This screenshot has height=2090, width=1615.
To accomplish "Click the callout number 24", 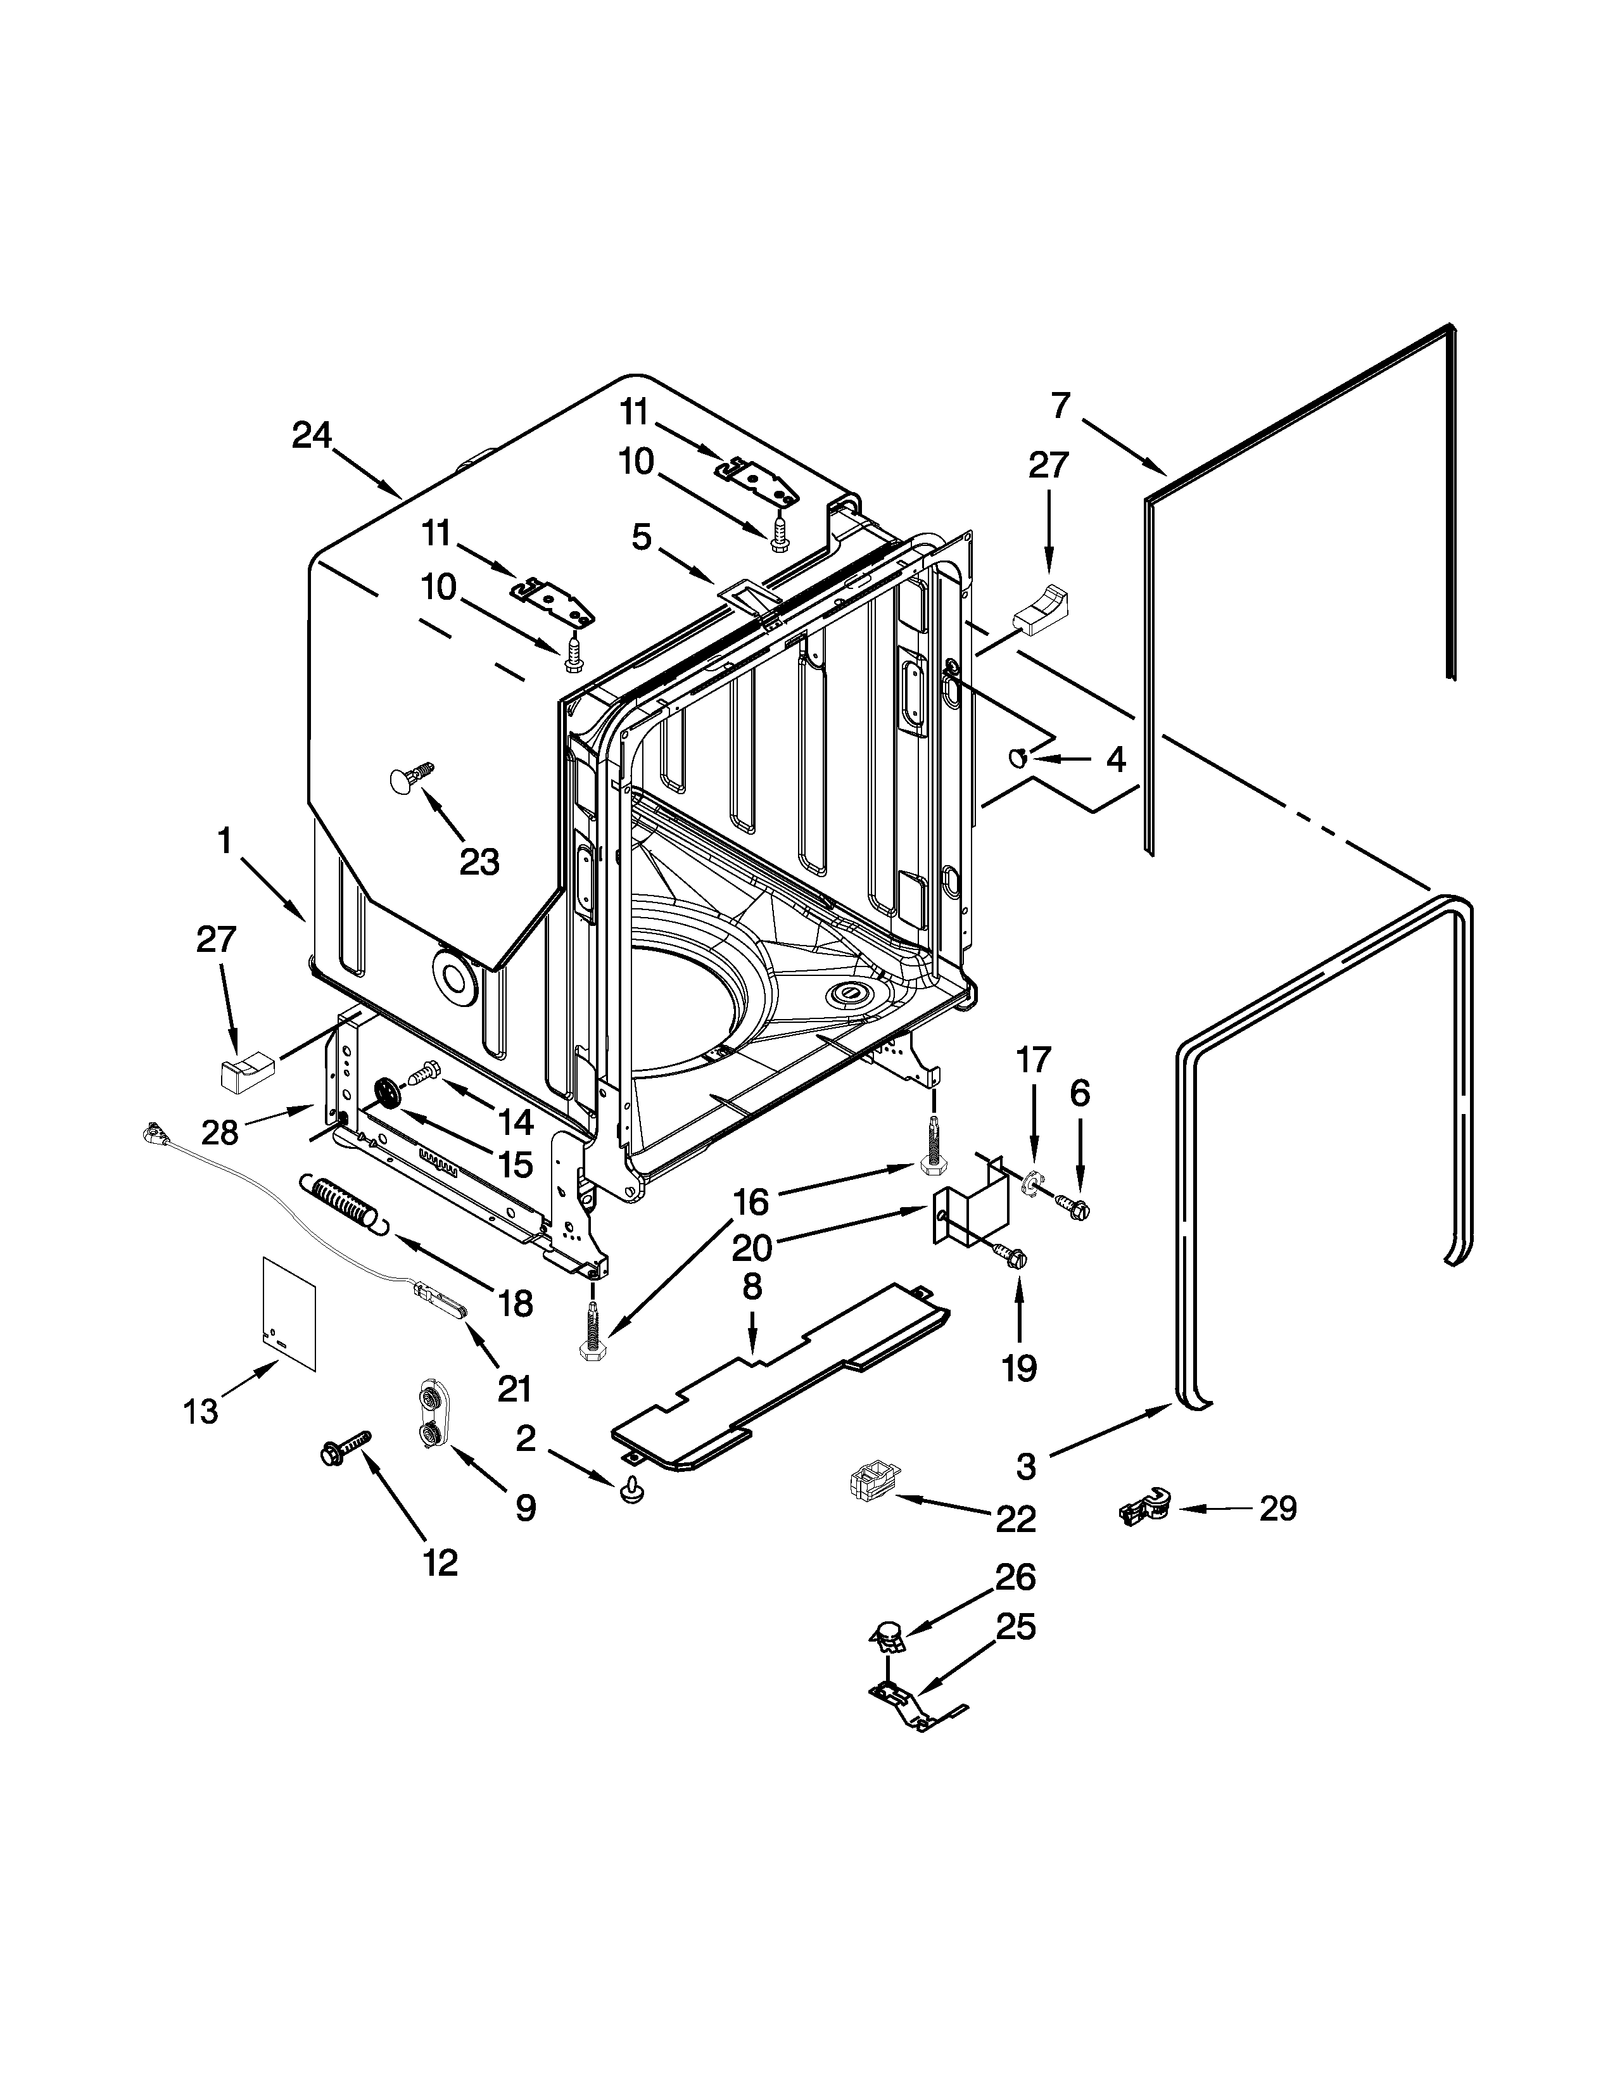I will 311,436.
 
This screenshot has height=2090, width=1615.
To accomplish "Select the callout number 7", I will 1060,406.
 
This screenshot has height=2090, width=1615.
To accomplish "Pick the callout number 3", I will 1025,1466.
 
